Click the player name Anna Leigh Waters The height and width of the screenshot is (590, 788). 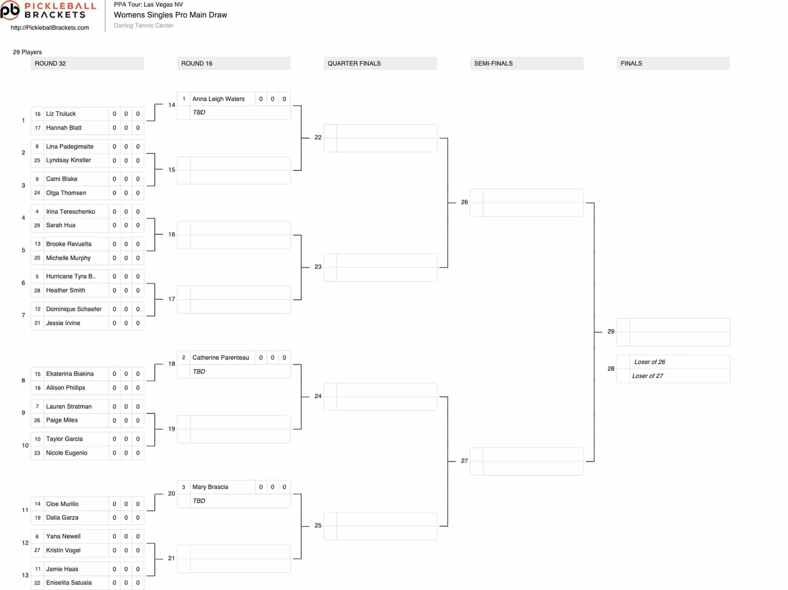click(218, 99)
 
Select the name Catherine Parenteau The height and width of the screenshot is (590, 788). click(221, 358)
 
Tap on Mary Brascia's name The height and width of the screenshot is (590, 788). click(210, 487)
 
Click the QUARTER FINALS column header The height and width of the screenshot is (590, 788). click(354, 64)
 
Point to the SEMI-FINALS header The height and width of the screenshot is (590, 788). click(493, 64)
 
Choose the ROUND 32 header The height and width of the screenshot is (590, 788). click(50, 64)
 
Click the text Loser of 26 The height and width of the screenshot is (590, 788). click(650, 362)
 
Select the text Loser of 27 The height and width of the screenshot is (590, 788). click(647, 376)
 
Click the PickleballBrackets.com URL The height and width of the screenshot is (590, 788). click(50, 28)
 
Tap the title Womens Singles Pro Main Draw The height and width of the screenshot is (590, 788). click(171, 15)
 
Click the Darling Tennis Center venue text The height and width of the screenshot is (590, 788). click(144, 25)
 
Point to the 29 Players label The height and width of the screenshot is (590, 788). click(27, 52)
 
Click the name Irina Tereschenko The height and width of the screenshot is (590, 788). click(70, 211)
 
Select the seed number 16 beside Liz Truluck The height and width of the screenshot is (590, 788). click(37, 114)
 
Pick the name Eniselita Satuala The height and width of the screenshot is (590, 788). click(69, 583)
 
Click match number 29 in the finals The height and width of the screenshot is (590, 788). click(611, 331)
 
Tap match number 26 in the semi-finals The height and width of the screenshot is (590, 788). click(464, 202)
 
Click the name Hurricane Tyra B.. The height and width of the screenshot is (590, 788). click(71, 277)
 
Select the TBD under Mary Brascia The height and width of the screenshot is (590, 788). click(199, 501)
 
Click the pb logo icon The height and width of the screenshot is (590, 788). click(10, 10)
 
